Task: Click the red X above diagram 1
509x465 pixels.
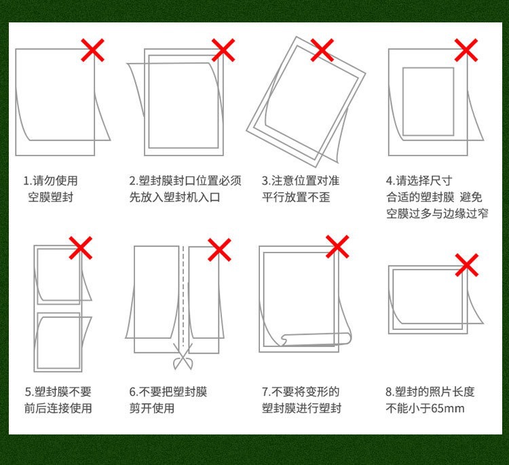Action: [x=94, y=50]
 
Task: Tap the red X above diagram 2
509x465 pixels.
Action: [x=223, y=50]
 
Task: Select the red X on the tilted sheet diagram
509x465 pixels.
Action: [x=322, y=50]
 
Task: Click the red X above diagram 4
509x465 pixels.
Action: [x=466, y=50]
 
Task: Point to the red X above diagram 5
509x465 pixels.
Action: [x=81, y=248]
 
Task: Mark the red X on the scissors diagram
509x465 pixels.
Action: [x=219, y=250]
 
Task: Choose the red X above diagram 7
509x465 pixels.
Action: [x=337, y=247]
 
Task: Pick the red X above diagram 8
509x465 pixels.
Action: [x=466, y=265]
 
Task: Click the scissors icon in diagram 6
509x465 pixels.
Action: [x=182, y=357]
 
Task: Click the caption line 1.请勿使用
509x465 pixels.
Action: [x=51, y=181]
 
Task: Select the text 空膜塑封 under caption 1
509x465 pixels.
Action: [x=50, y=198]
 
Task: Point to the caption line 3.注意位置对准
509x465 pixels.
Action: [x=301, y=181]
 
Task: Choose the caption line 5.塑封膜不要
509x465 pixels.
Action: [x=58, y=392]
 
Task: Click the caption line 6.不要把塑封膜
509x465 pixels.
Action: [x=168, y=392]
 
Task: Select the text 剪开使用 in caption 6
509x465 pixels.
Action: [x=152, y=409]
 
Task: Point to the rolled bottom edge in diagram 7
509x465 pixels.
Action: [x=316, y=338]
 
